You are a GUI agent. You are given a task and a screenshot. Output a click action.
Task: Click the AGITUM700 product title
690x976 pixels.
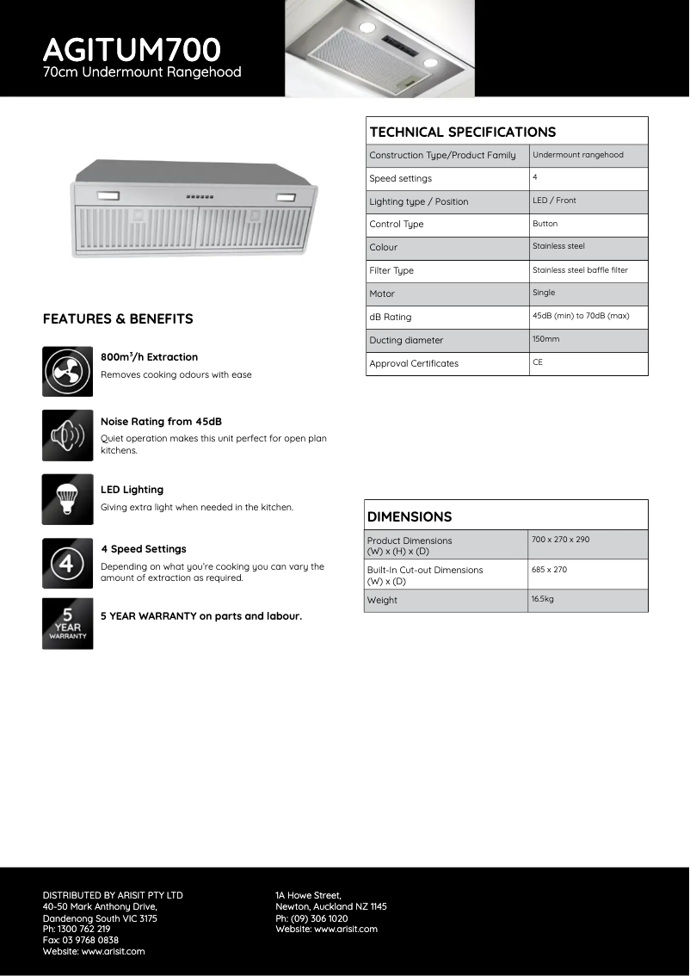click(132, 48)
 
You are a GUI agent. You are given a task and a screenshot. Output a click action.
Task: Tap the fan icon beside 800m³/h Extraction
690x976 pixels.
click(67, 371)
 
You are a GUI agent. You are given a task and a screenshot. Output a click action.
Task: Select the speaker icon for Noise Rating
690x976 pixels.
click(67, 435)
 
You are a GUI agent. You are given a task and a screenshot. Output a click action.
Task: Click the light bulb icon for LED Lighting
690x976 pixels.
click(67, 499)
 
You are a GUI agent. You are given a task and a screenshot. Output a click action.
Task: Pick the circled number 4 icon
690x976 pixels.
click(67, 563)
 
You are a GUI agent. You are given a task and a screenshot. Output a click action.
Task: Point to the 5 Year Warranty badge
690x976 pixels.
click(67, 624)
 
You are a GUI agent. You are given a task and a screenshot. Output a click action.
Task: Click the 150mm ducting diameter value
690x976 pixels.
click(545, 339)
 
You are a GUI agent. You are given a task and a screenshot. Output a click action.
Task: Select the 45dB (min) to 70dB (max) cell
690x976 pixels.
click(581, 316)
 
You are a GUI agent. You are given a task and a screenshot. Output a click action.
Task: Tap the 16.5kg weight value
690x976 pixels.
click(542, 598)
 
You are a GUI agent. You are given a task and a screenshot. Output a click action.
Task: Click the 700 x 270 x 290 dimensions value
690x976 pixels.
click(560, 540)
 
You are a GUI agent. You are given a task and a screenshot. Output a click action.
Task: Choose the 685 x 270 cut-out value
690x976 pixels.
click(549, 570)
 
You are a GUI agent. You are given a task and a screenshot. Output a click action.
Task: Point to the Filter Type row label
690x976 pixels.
click(391, 270)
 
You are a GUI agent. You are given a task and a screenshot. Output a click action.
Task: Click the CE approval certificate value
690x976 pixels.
click(538, 362)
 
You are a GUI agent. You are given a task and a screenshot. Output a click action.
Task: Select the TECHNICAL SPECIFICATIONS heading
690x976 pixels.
click(462, 132)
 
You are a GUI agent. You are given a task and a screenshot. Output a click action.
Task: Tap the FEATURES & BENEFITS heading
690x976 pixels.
click(118, 318)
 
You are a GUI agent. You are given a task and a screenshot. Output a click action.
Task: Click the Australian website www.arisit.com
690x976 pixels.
click(114, 951)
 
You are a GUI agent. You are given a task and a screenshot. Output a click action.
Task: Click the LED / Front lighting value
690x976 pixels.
click(554, 201)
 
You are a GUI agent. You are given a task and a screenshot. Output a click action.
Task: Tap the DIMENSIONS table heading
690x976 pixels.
click(410, 516)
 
